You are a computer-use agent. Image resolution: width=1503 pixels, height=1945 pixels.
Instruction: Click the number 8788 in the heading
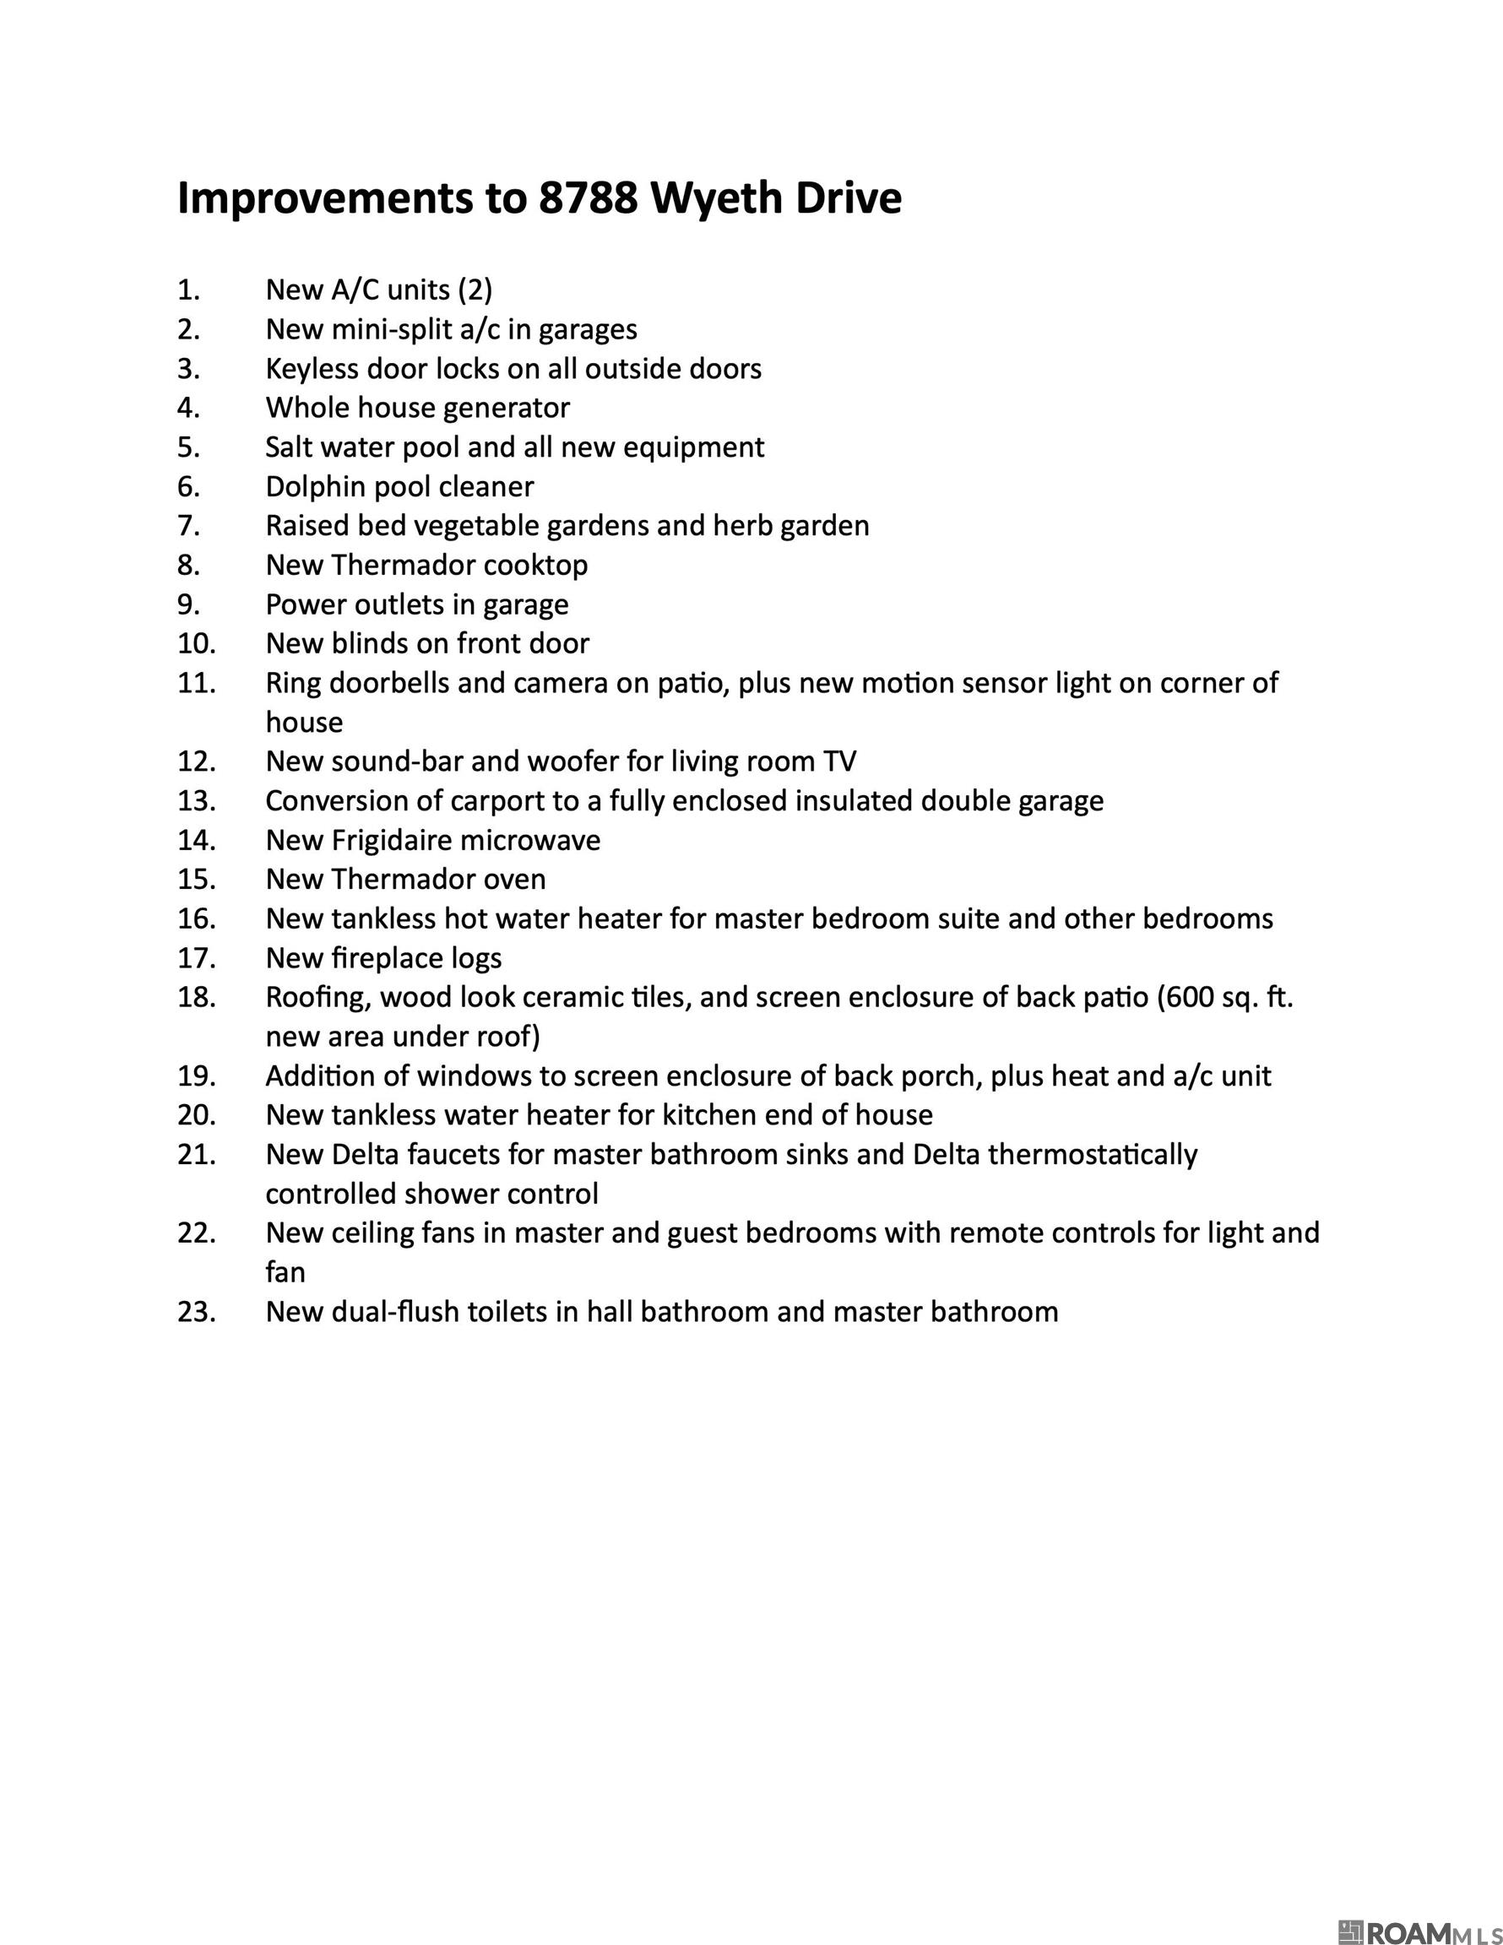588,198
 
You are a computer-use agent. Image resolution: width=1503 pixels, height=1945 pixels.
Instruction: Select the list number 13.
196,800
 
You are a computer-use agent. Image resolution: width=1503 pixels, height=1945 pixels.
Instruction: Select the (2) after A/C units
475,290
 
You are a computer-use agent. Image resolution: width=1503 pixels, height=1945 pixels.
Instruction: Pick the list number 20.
196,1115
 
